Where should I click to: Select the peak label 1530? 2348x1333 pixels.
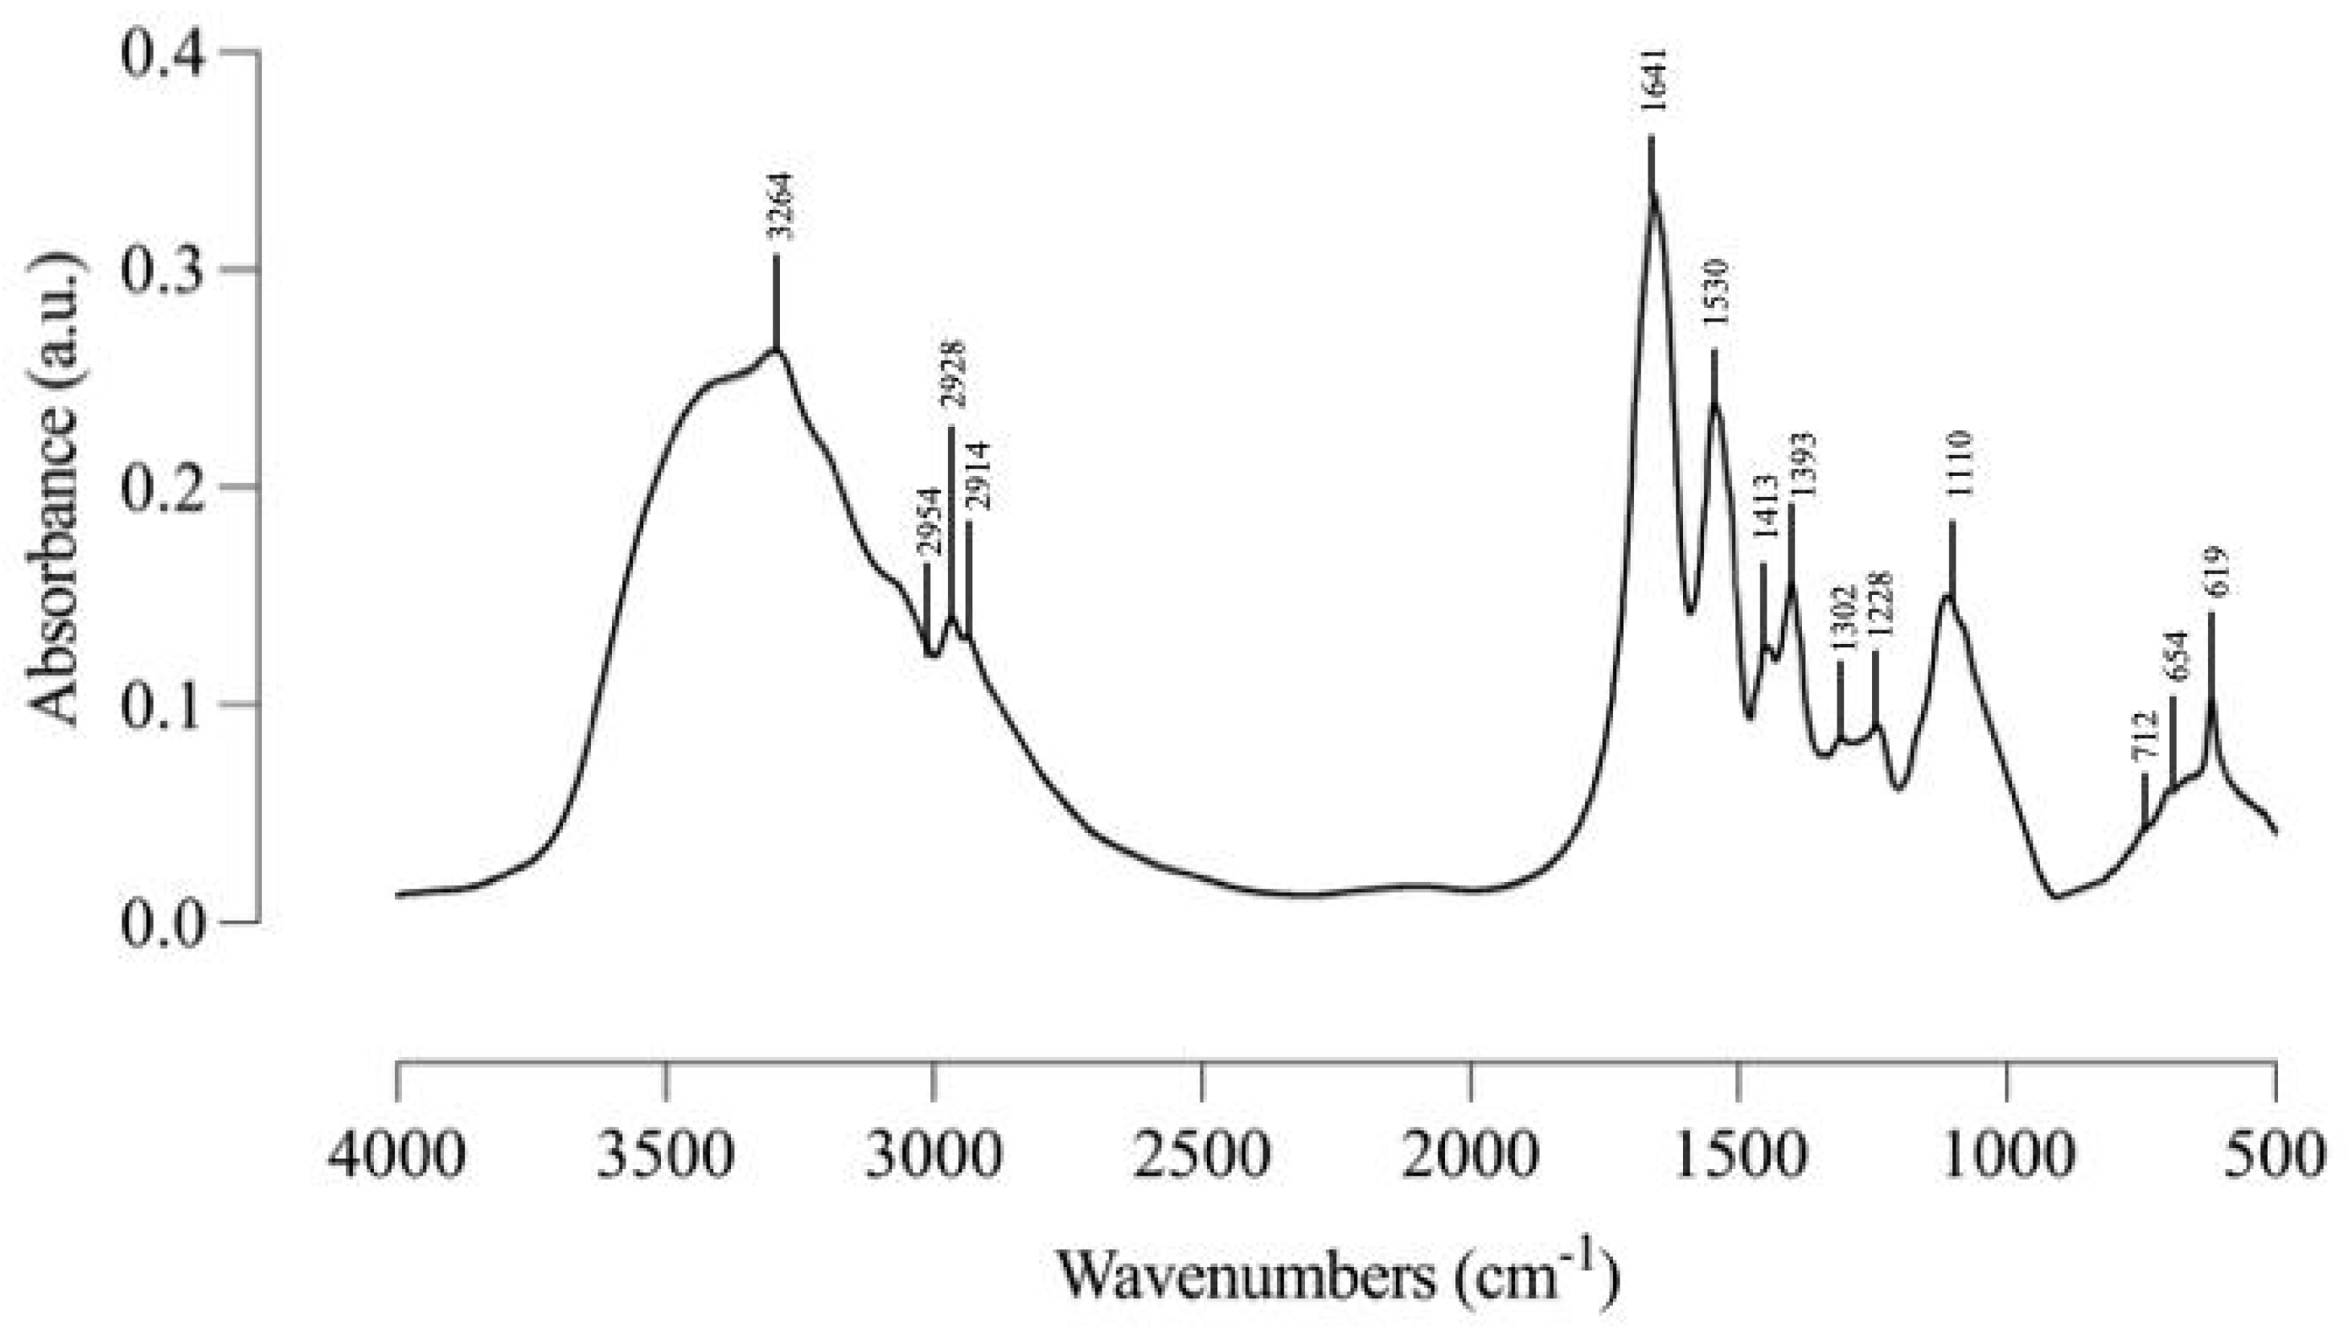point(1714,293)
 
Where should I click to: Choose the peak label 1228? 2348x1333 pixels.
point(1878,606)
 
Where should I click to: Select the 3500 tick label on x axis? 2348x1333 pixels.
point(667,1155)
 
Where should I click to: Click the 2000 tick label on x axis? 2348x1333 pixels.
point(1470,1155)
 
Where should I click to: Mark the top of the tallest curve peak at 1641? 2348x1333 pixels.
point(1653,193)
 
